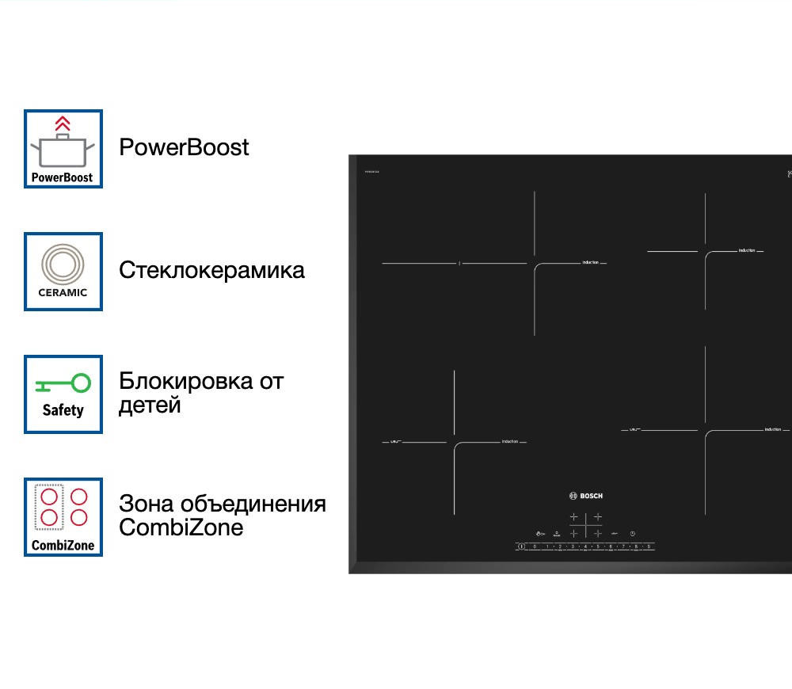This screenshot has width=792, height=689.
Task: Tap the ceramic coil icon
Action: point(63,263)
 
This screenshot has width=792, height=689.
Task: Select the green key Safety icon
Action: point(63,384)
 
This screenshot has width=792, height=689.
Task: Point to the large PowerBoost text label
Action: point(184,147)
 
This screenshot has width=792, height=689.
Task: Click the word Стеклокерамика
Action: point(211,270)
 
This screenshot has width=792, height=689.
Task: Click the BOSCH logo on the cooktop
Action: point(586,496)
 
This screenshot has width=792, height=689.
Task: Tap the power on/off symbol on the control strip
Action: point(521,546)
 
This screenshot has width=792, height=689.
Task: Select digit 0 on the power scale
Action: point(535,546)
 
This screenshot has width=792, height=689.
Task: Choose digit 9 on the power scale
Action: point(649,546)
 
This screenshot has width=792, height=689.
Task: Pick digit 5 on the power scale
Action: point(598,546)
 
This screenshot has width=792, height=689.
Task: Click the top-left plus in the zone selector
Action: point(574,517)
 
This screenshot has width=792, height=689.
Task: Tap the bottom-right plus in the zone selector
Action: point(598,534)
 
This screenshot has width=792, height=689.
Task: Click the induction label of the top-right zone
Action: point(747,250)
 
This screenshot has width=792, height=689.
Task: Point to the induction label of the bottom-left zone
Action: point(509,441)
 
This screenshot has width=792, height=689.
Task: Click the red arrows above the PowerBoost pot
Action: point(63,123)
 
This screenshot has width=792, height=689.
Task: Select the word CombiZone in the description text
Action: point(181,527)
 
